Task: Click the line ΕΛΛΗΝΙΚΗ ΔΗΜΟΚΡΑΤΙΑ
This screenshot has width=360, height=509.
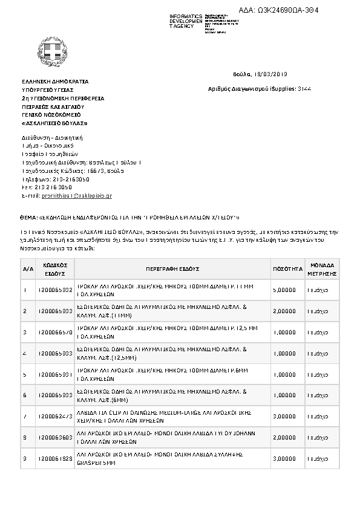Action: tap(55, 81)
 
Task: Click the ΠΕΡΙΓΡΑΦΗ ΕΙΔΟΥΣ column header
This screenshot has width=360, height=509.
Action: tap(172, 268)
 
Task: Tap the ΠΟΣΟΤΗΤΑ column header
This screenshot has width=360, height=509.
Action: tap(284, 268)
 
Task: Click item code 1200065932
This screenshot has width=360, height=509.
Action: tap(54, 290)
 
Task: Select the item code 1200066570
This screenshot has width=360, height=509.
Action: tap(54, 332)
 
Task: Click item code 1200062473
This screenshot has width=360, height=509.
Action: tap(54, 417)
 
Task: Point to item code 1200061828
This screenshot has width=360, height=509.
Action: tap(54, 459)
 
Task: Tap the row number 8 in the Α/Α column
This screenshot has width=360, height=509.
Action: tap(24, 438)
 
